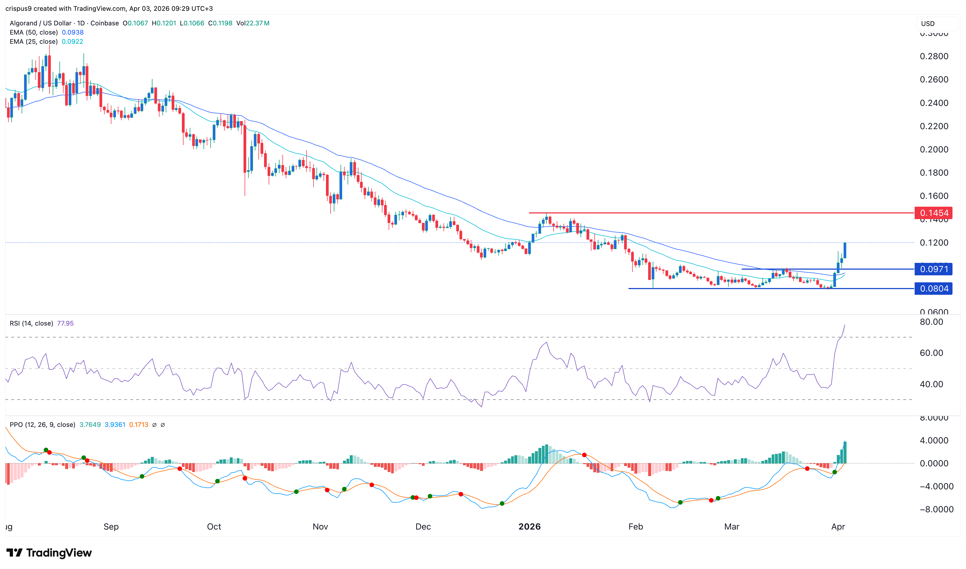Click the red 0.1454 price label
tap(933, 213)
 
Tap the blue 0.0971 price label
tap(933, 269)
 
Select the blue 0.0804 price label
tap(933, 289)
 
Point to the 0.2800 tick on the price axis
tap(934, 56)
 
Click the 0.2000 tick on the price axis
tap(934, 149)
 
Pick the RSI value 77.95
tap(65, 323)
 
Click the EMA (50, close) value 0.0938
tap(72, 32)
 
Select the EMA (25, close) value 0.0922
tap(72, 41)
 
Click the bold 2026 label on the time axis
tap(529, 526)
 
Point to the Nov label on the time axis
tap(320, 526)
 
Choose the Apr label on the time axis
tap(838, 526)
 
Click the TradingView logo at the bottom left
tap(49, 553)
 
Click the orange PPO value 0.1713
tap(138, 424)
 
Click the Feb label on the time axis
tap(635, 526)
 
